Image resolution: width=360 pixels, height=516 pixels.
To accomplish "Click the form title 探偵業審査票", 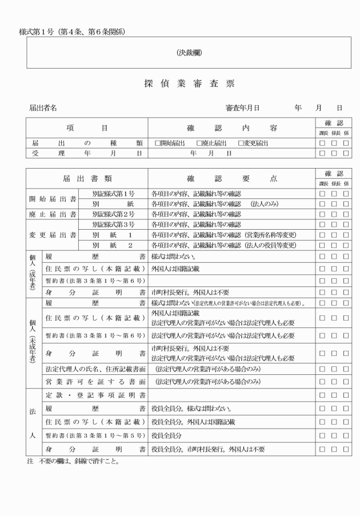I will (181, 84).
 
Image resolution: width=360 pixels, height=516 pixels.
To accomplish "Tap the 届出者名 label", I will (43, 107).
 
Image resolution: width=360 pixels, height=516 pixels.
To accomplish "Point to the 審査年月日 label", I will (242, 107).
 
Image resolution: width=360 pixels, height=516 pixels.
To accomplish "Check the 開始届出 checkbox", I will (158, 143).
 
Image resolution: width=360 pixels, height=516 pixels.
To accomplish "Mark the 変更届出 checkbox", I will (241, 143).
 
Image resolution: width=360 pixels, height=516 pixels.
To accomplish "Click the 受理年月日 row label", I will (86, 153).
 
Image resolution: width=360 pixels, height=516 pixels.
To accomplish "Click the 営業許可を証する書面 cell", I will (95, 381).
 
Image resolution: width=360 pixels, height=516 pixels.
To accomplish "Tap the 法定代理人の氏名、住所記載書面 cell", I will (95, 367).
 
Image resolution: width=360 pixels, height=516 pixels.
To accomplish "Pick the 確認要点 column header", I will (231, 178).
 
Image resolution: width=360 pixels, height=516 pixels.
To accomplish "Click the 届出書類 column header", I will (86, 178).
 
